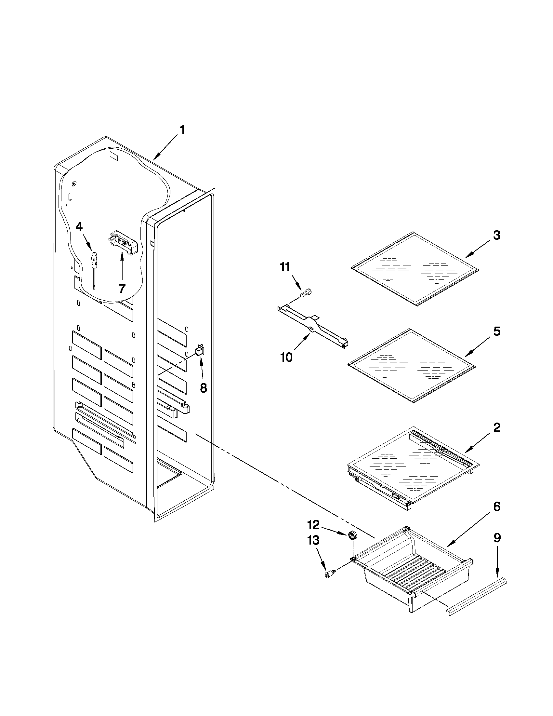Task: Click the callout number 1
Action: (x=182, y=130)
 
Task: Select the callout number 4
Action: (x=79, y=226)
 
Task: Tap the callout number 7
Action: (x=122, y=289)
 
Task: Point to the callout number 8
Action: (x=204, y=388)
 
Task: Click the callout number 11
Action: (x=284, y=267)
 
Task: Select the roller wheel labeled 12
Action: (x=352, y=536)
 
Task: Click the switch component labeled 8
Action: (x=200, y=351)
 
